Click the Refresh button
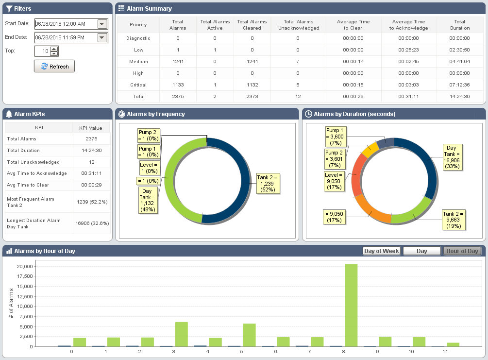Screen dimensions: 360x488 54,66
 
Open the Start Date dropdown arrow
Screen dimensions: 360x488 102,24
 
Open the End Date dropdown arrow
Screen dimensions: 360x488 102,38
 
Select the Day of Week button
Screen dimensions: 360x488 382,251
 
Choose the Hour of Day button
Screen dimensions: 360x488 462,251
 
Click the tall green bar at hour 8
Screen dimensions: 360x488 351,305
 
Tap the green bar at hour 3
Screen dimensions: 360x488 181,334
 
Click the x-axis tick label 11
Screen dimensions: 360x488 445,352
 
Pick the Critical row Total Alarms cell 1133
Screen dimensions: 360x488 178,85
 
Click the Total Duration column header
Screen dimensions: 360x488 459,25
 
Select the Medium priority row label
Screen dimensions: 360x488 138,62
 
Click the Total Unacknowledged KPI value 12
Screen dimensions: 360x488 91,162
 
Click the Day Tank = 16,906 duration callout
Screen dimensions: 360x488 451,157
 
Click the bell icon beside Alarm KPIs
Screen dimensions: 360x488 9,114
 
